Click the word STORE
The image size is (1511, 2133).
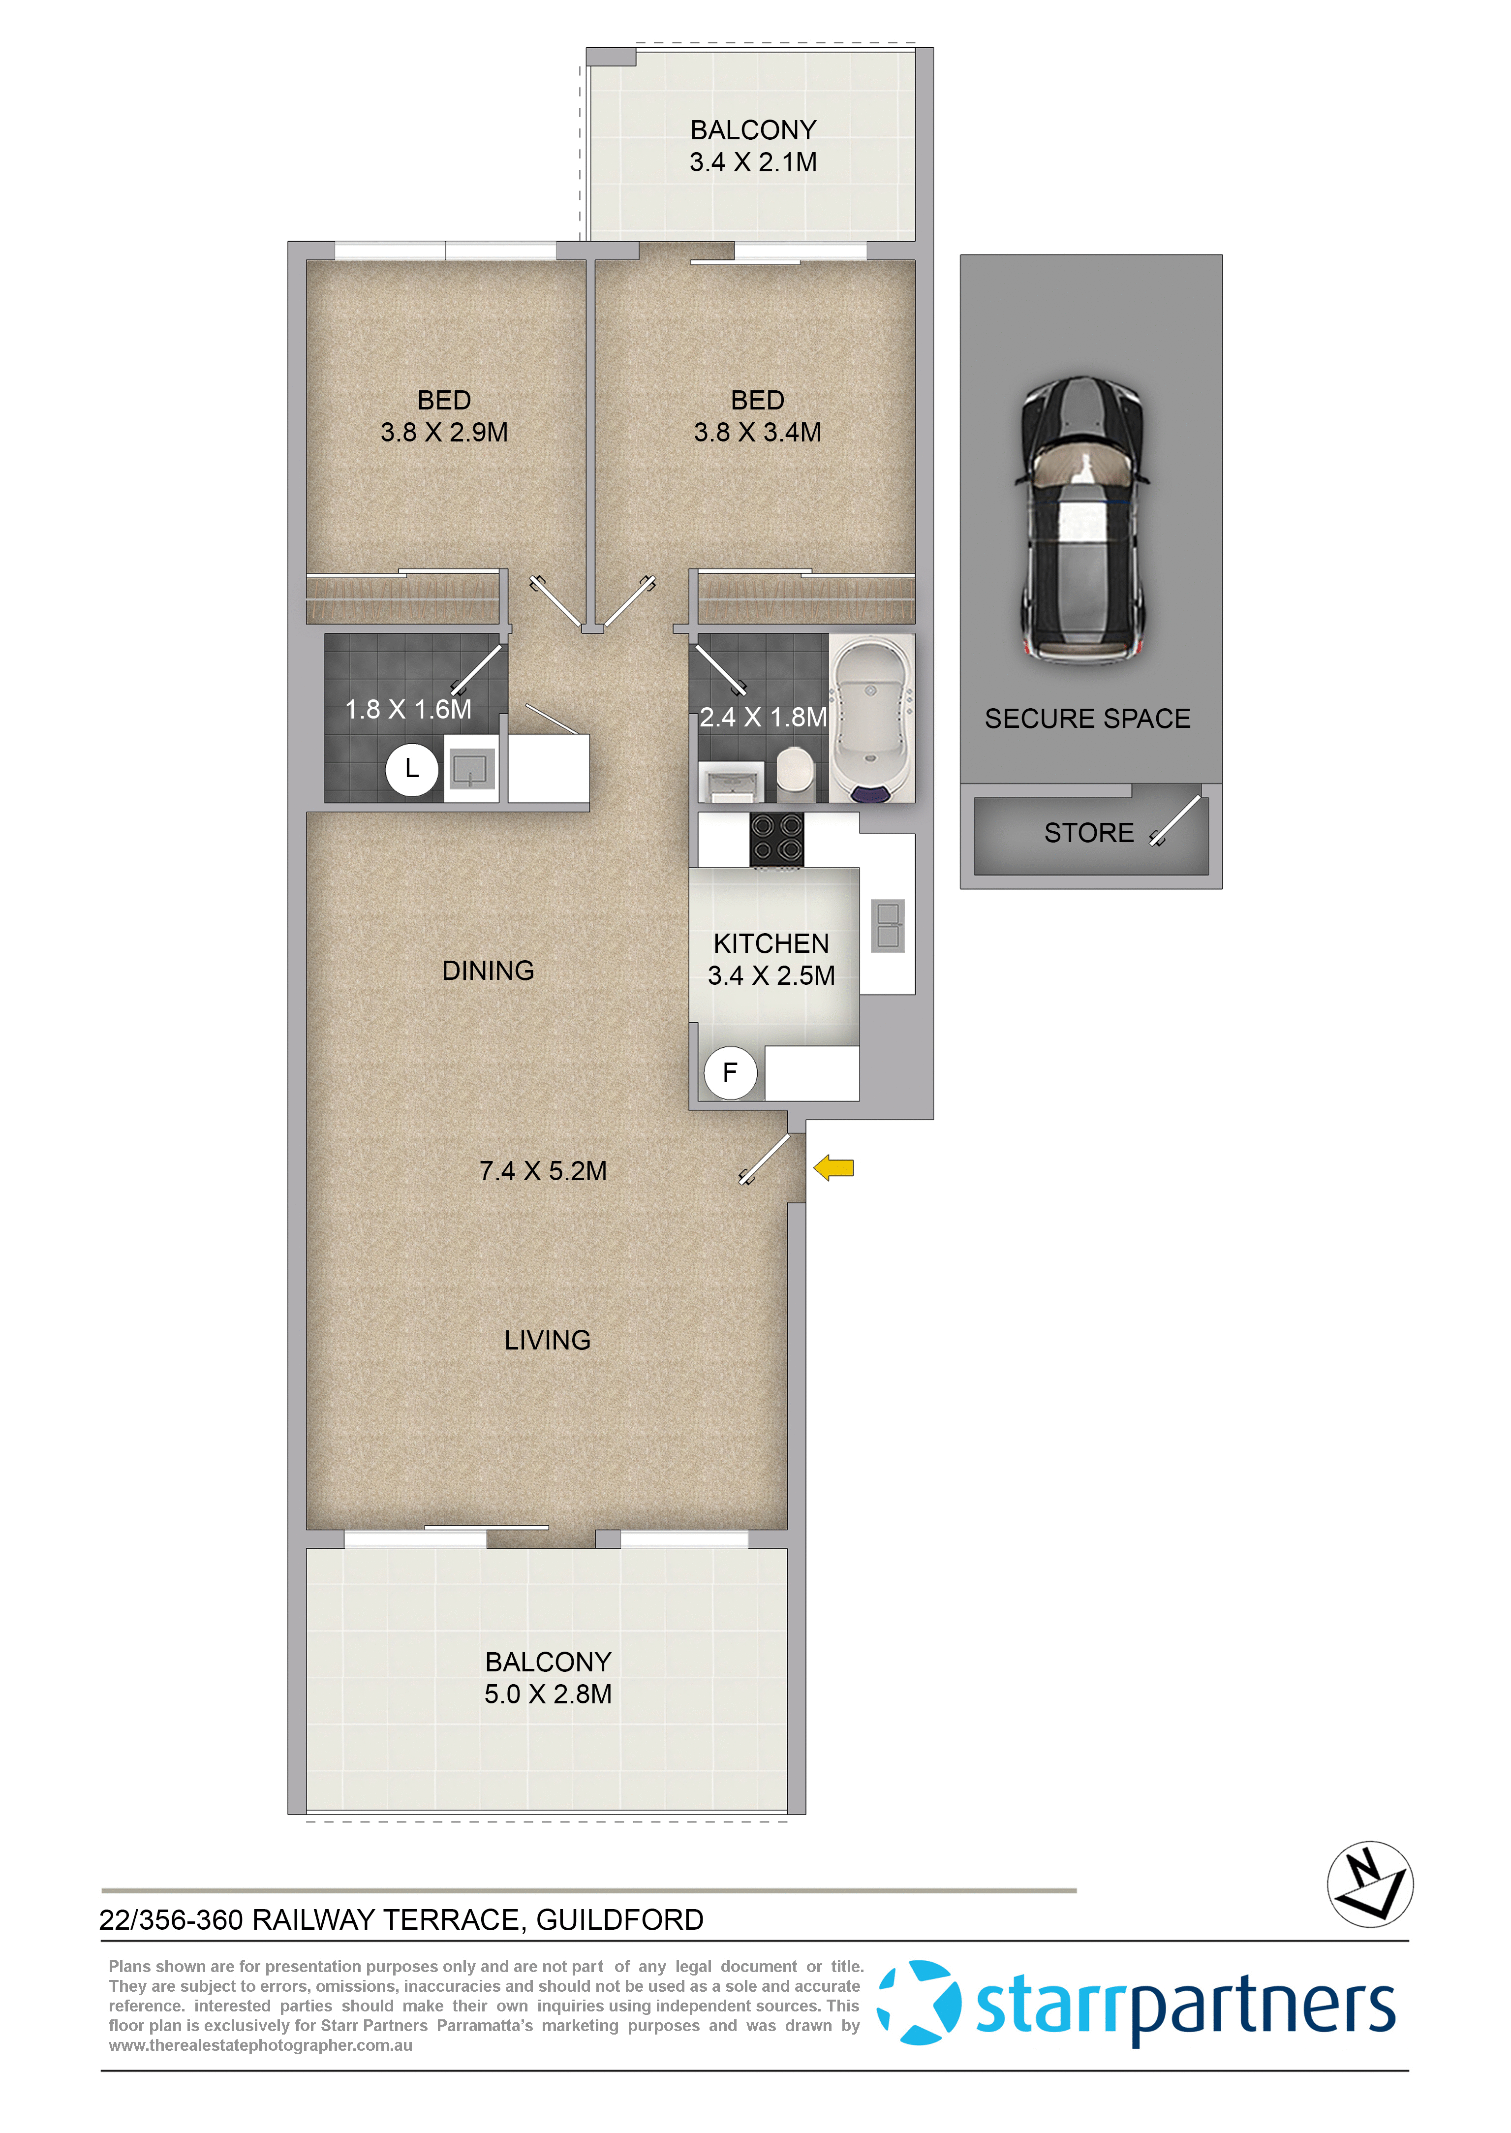(x=1088, y=833)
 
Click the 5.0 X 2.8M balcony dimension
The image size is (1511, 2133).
(x=548, y=1694)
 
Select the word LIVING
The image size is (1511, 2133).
(x=547, y=1340)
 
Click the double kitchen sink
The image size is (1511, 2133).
(x=888, y=925)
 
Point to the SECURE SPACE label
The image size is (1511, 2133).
(x=1088, y=719)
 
